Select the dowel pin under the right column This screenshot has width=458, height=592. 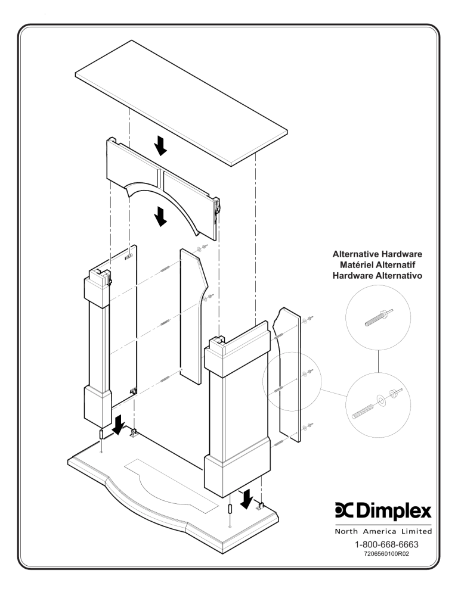(230, 510)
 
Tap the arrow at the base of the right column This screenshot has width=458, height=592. (245, 498)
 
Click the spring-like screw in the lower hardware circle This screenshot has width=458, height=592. (366, 410)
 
